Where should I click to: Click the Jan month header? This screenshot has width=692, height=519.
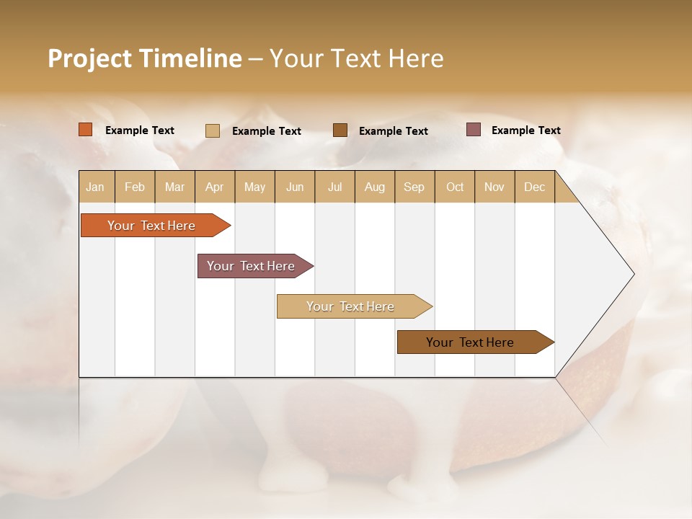point(96,187)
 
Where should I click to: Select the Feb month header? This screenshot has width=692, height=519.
point(135,187)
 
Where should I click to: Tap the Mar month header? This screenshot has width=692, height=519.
point(174,187)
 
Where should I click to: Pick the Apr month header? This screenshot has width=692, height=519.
point(215,187)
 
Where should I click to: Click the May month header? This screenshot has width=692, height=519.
point(254,187)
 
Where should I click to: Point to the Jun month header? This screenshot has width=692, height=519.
point(295,187)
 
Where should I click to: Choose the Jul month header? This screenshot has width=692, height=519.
point(335,187)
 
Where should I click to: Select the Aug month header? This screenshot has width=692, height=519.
point(375,187)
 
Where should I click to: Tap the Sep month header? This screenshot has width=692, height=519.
point(414,187)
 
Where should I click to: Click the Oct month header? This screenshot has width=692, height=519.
point(455,187)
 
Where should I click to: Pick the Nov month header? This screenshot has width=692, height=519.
point(494,187)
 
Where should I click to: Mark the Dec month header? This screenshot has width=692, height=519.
point(535,187)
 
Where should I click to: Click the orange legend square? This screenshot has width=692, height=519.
point(86,130)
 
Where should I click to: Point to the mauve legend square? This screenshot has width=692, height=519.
point(474,130)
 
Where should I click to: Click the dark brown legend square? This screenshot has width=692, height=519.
point(340,130)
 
